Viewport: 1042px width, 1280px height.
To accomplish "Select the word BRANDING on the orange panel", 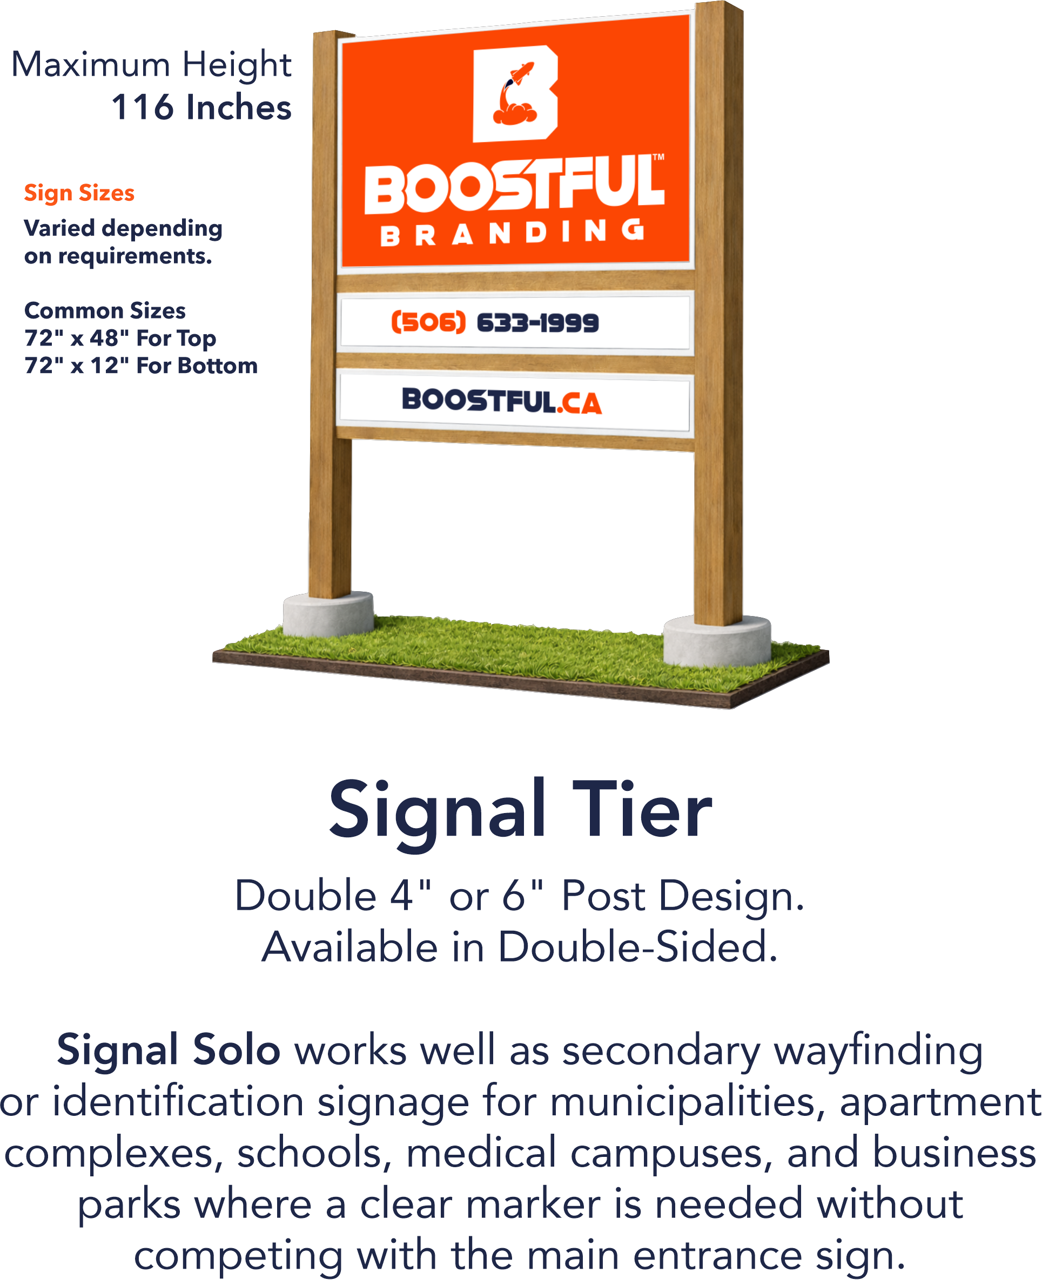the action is [513, 233].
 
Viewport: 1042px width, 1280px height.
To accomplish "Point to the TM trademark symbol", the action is [658, 158].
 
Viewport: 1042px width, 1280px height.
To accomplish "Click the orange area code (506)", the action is [428, 323].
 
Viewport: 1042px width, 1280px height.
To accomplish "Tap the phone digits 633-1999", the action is [537, 323].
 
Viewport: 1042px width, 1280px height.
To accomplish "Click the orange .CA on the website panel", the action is [579, 403].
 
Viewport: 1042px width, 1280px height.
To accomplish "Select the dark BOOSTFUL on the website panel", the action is [479, 400].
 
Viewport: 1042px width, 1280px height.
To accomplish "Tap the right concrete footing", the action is [717, 642].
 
